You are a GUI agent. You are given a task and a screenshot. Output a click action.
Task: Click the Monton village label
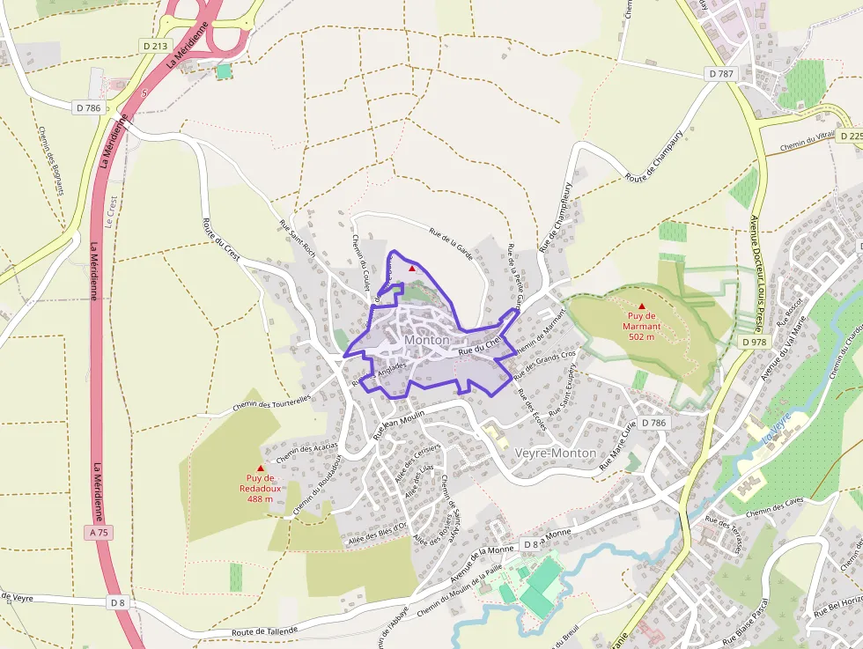pos(427,340)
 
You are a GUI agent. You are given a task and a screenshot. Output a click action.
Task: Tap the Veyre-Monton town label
pos(556,453)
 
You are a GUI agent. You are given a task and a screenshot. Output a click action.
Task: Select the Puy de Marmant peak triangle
pos(641,306)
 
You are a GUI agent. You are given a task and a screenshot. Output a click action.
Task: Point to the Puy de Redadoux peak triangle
pos(260,468)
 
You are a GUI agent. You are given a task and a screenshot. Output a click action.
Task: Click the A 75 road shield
pos(100,533)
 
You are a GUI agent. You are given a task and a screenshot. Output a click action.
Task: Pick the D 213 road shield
pos(153,45)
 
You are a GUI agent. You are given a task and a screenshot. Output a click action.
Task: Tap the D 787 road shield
pos(720,74)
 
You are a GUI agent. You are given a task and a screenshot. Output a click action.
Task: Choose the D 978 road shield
pos(754,342)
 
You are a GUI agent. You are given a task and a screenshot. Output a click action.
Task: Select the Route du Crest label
pos(221,238)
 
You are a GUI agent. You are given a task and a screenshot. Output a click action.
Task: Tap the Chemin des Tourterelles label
pos(273,403)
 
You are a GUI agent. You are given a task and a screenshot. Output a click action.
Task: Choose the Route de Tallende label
pos(265,631)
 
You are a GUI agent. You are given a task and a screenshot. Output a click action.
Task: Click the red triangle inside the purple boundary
pos(411,268)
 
